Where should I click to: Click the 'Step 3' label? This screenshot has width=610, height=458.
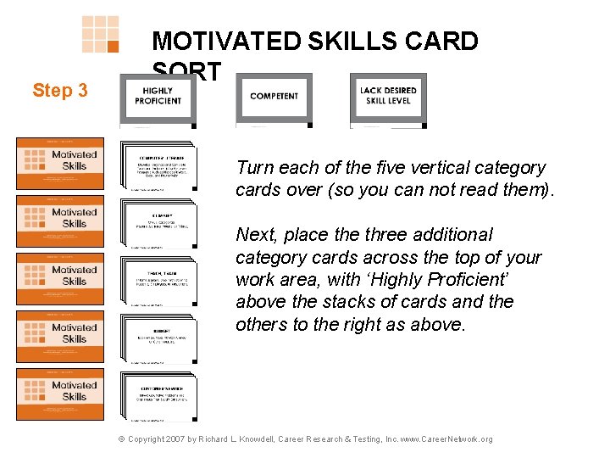click(59, 90)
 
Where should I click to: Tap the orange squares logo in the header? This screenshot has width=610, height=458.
click(100, 35)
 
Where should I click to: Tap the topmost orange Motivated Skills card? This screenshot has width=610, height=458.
click(60, 163)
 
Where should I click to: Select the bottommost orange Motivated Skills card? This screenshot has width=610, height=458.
click(60, 394)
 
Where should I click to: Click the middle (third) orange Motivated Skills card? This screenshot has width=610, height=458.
click(60, 278)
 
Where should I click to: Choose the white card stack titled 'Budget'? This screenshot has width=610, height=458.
click(158, 337)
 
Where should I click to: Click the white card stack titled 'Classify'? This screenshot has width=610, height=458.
click(158, 222)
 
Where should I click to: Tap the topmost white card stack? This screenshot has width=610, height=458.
click(158, 165)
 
